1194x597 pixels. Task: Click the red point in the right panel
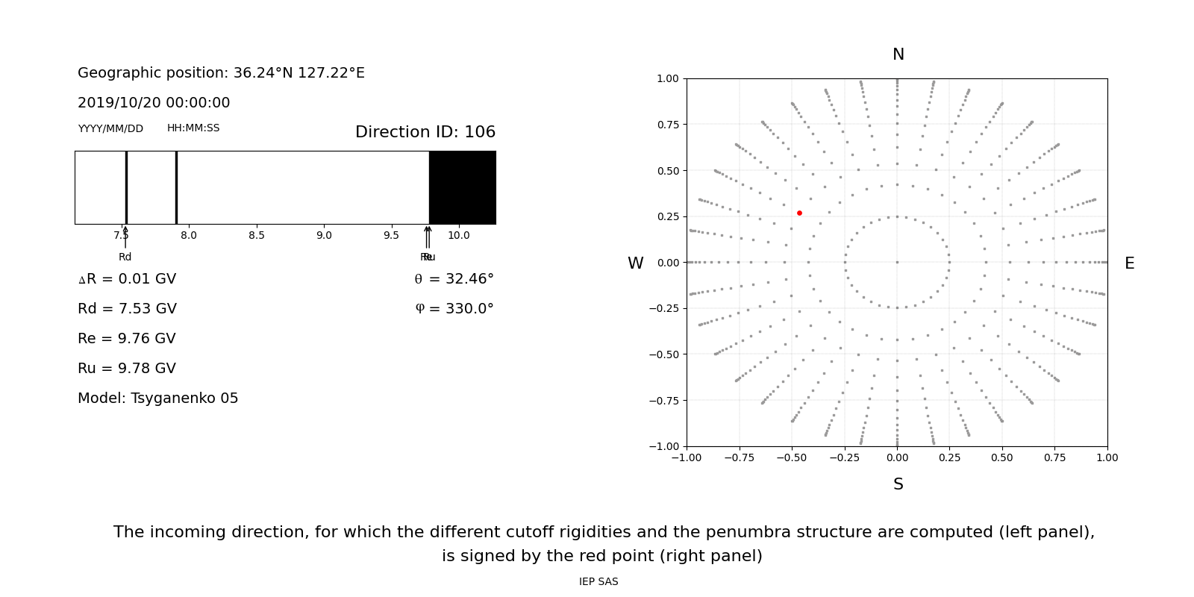799,213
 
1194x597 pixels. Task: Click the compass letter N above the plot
898,54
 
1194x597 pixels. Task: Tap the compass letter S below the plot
898,484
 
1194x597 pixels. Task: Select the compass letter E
1129,263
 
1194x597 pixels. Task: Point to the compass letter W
635,263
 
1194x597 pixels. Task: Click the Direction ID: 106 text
425,132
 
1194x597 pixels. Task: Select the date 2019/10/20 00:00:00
154,103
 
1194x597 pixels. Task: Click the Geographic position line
221,73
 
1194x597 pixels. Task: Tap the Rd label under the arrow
125,257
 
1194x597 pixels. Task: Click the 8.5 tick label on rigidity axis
256,236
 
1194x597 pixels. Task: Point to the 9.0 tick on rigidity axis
324,236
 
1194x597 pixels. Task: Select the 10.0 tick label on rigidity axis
458,236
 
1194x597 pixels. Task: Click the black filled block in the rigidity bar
462,187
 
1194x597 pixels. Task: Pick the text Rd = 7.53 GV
127,309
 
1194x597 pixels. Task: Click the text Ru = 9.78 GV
127,369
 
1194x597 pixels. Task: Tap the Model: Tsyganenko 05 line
157,398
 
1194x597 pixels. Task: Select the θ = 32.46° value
454,279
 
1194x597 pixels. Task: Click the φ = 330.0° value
454,309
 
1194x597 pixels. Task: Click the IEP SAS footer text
598,582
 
